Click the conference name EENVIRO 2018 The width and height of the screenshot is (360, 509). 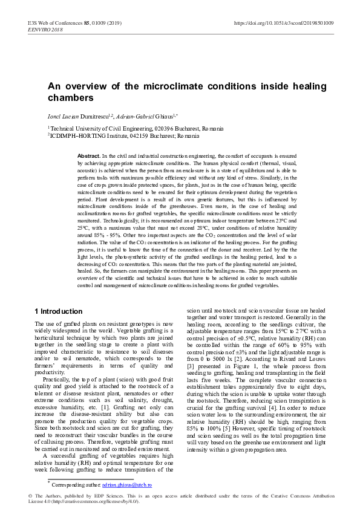click(x=43, y=30)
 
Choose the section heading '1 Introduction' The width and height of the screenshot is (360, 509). click(x=58, y=311)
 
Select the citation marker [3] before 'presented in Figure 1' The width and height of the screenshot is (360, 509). click(x=190, y=366)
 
